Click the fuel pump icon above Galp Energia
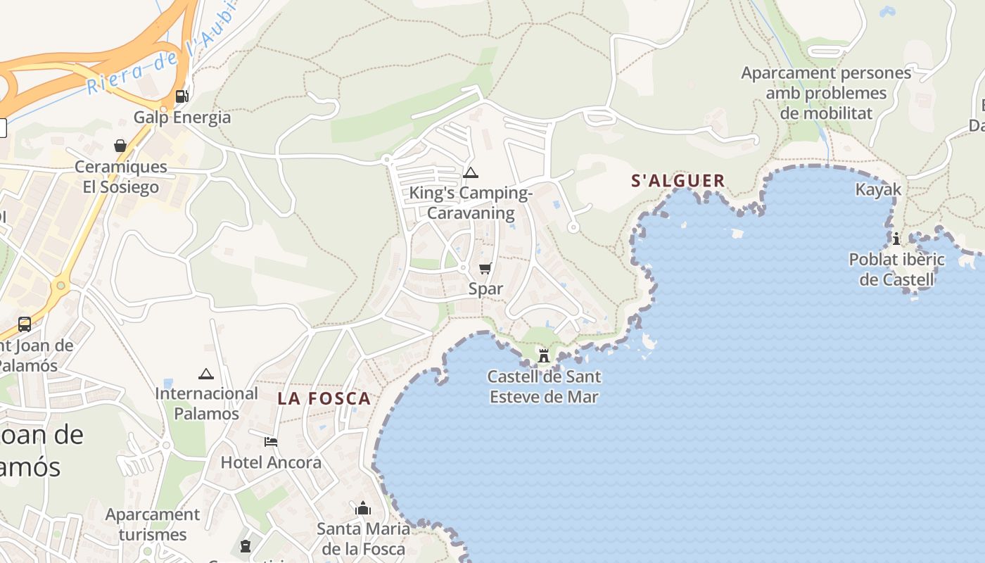(182, 96)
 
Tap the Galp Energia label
(182, 117)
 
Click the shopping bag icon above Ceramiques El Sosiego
(120, 146)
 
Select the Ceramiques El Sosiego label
(121, 177)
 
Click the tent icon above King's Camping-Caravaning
(471, 172)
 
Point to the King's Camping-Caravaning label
(471, 203)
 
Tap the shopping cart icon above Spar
(485, 268)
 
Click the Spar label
(485, 289)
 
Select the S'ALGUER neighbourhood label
(678, 181)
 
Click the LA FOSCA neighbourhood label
(324, 398)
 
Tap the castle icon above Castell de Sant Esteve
(544, 356)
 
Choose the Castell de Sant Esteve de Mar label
(544, 386)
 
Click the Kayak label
(878, 189)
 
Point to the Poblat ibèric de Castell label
(896, 270)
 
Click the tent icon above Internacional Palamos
(205, 374)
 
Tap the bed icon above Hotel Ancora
(271, 442)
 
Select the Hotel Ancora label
(271, 462)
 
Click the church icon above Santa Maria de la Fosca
(363, 508)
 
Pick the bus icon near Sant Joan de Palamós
(25, 324)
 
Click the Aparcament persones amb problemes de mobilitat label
(826, 93)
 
